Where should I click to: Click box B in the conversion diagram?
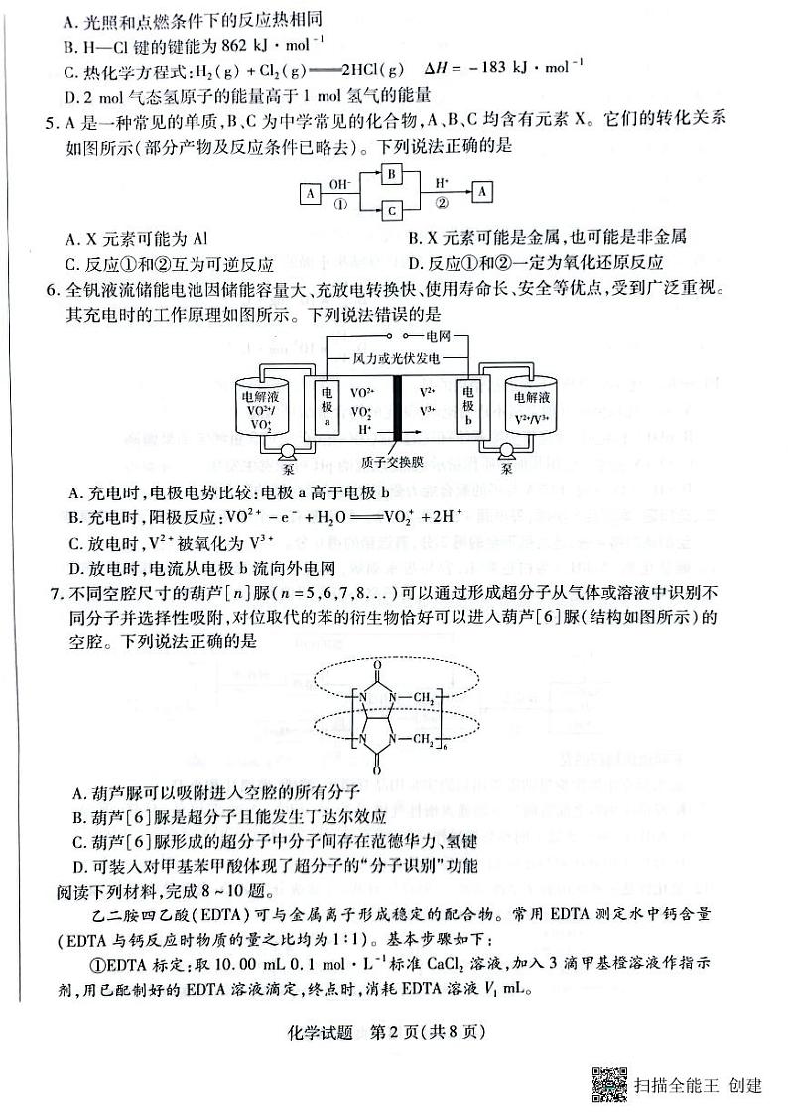coord(391,173)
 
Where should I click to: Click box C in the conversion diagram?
coord(391,210)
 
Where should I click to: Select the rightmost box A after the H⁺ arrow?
coord(481,191)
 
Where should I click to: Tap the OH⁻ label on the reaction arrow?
coord(338,183)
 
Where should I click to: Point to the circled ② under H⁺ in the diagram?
coord(441,201)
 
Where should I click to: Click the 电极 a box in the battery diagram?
coord(328,406)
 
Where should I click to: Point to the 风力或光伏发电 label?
coord(397,357)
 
